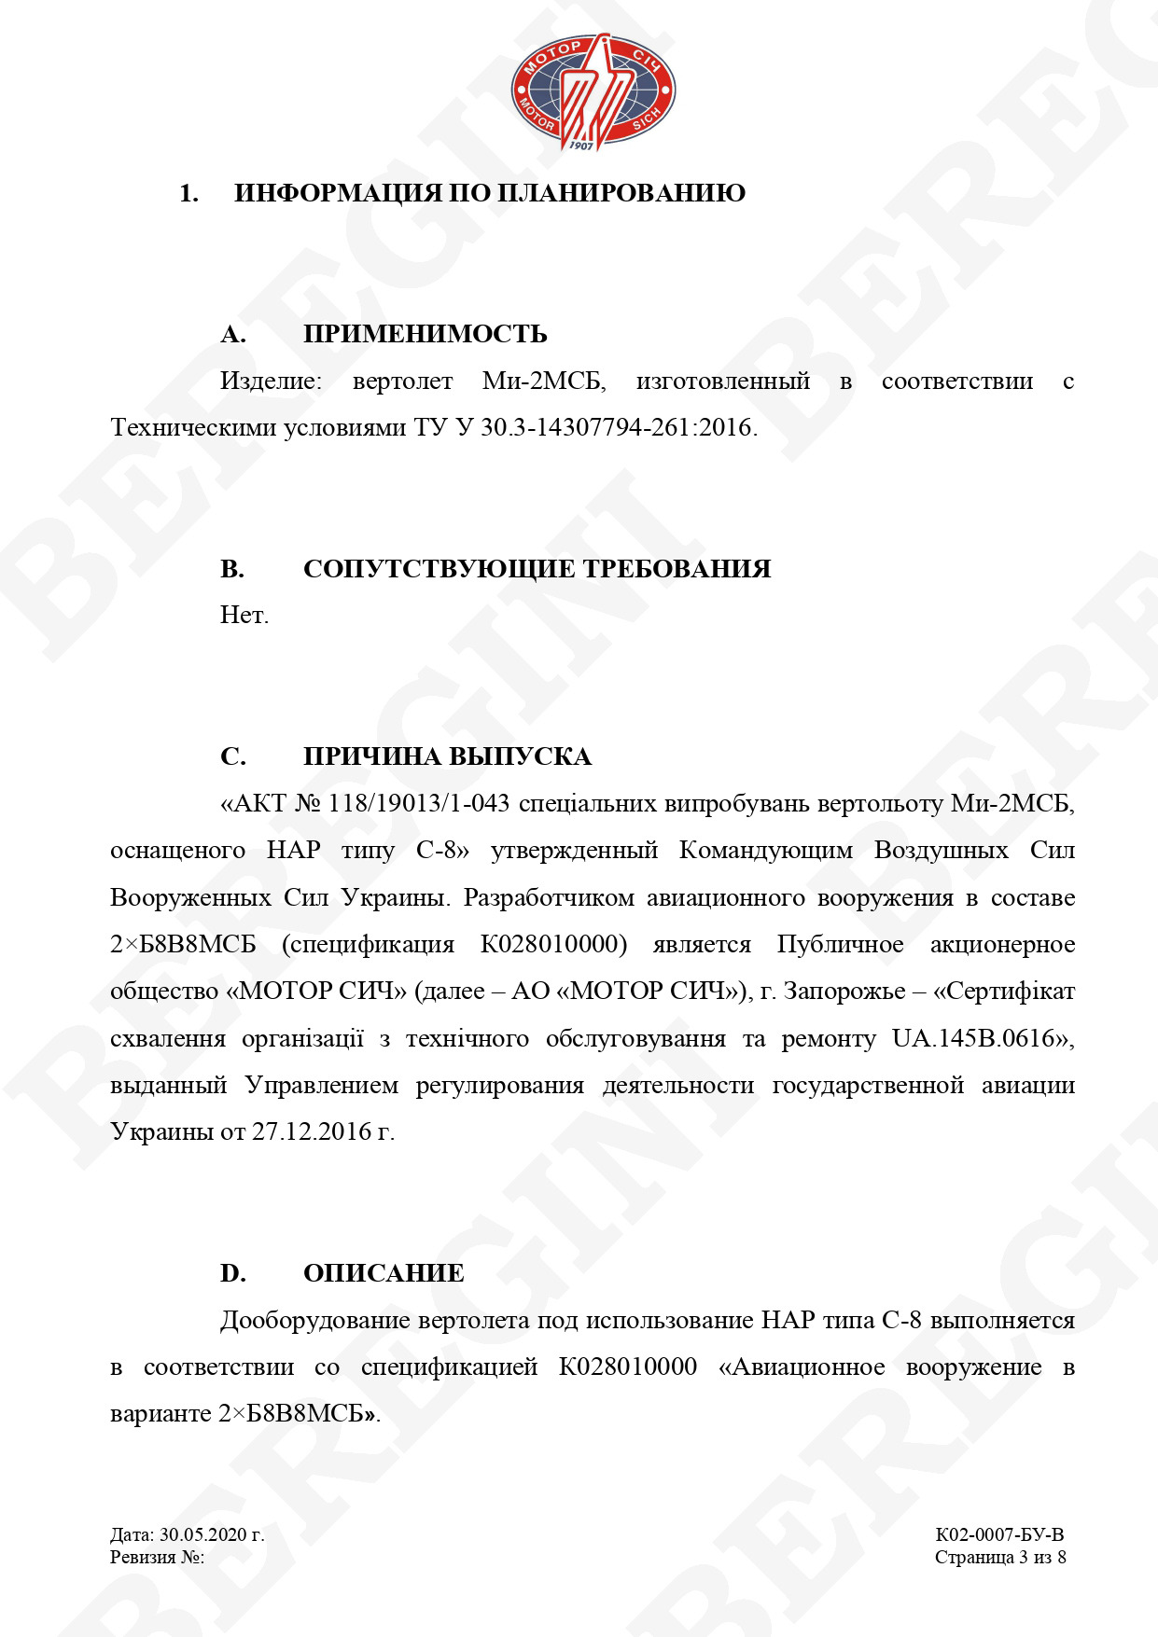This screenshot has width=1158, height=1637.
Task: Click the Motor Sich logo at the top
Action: pyautogui.click(x=593, y=92)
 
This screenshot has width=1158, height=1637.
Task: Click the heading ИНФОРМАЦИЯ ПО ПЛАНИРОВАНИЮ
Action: pyautogui.click(x=489, y=194)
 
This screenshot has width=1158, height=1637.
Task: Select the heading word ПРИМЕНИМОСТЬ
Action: pyautogui.click(x=425, y=335)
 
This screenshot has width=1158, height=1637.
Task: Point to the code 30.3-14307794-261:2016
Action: pyautogui.click(x=616, y=428)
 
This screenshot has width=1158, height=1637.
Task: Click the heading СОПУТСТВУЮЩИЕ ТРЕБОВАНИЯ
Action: pyautogui.click(x=537, y=569)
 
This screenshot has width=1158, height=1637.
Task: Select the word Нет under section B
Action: pyautogui.click(x=244, y=616)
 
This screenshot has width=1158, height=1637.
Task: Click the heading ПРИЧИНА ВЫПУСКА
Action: pyautogui.click(x=447, y=756)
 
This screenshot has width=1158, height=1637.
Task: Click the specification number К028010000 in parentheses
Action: pyautogui.click(x=551, y=945)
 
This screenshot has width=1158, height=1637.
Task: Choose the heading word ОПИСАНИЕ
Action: pyautogui.click(x=384, y=1274)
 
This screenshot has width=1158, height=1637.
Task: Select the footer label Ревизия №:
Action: pyautogui.click(x=157, y=1557)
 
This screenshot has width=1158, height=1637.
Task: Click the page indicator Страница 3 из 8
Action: pyautogui.click(x=999, y=1557)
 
